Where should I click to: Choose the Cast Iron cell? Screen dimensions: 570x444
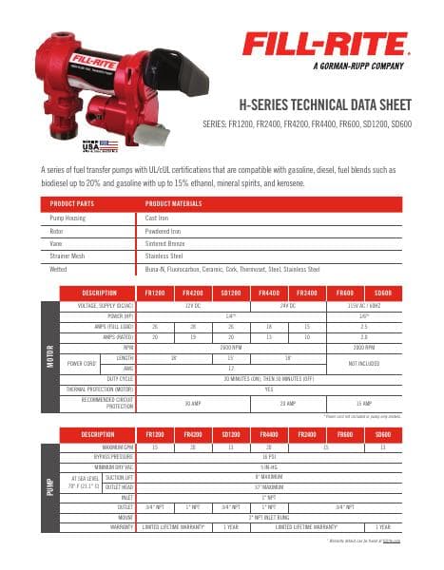tap(156, 218)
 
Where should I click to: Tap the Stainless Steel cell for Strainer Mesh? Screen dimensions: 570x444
tap(163, 256)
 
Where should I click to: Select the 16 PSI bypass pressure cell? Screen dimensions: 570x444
tap(269, 456)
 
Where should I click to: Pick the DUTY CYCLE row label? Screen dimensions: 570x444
tap(118, 377)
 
